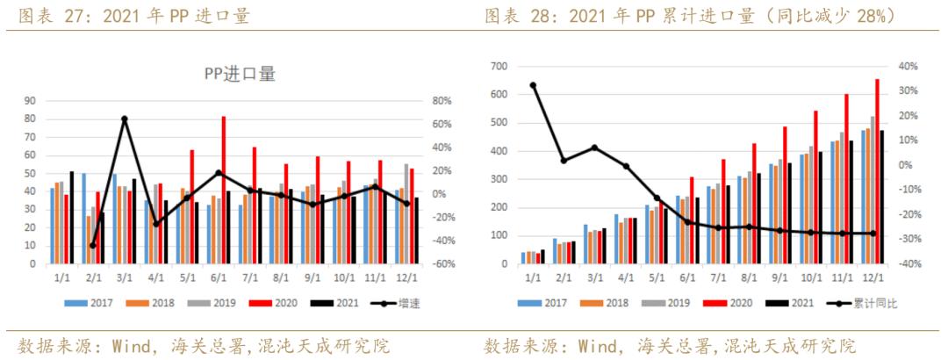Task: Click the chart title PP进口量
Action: click(x=234, y=75)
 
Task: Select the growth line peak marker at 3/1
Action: click(x=125, y=119)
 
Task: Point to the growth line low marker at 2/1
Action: click(x=93, y=246)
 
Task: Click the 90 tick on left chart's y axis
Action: click(x=30, y=100)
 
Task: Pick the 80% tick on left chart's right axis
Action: click(x=441, y=100)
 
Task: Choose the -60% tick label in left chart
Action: click(x=442, y=263)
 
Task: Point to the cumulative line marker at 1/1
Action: click(x=533, y=85)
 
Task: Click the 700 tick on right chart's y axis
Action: click(x=498, y=67)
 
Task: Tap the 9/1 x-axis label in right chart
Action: click(x=778, y=277)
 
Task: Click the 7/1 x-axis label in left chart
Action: click(x=250, y=277)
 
